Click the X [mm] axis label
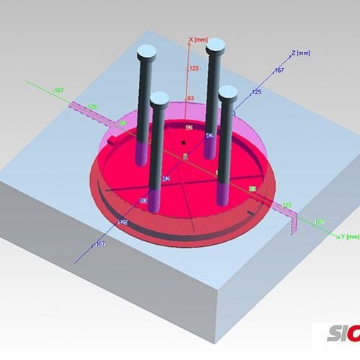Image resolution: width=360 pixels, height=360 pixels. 199,40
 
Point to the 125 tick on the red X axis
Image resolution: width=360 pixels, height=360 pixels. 193,69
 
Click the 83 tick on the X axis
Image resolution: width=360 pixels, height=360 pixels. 192,98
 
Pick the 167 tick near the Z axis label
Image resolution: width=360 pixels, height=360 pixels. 280,71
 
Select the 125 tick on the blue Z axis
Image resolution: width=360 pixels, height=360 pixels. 256,92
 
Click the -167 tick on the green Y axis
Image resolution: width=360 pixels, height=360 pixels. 58,90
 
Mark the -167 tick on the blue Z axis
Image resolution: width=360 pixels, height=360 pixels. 100,245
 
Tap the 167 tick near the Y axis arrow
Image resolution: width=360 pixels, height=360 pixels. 320,221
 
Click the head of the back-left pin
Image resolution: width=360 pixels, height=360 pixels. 147,51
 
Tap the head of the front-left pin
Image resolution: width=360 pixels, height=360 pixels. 159,98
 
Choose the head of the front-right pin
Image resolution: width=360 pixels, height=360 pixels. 228,92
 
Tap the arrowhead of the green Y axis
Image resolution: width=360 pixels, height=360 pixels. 337,235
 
